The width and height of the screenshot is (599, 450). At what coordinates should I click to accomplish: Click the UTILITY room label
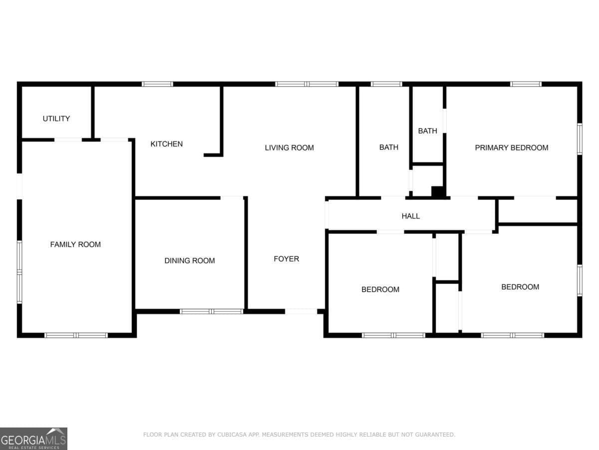click(x=56, y=118)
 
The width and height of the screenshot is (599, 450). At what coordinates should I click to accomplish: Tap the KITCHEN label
click(x=167, y=144)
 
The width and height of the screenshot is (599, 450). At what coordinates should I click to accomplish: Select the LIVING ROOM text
click(x=289, y=147)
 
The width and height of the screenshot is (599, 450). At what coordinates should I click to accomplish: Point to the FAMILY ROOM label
click(x=75, y=244)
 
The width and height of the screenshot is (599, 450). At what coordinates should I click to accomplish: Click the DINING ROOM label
click(x=190, y=260)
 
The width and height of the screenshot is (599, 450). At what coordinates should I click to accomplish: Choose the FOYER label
click(x=287, y=258)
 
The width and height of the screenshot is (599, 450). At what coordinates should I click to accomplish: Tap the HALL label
click(x=411, y=216)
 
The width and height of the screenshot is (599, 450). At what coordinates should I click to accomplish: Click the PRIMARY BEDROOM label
click(x=511, y=147)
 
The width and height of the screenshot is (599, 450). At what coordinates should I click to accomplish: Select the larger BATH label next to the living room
click(x=389, y=147)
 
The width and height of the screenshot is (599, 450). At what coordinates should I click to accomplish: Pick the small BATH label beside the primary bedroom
click(x=427, y=131)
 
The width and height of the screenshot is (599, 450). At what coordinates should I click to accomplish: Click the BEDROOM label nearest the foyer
click(x=380, y=289)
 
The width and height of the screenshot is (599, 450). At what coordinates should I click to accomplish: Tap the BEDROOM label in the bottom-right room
click(x=520, y=287)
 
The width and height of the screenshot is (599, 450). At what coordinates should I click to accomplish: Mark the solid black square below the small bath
click(x=438, y=191)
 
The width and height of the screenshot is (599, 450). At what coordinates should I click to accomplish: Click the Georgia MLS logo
click(x=33, y=438)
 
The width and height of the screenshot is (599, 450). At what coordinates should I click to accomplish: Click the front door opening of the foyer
click(x=301, y=311)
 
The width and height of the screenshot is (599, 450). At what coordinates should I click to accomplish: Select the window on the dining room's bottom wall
click(x=211, y=311)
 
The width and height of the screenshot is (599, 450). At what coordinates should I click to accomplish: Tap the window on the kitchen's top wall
click(x=158, y=84)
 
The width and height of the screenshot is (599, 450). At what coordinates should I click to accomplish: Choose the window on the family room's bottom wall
click(x=76, y=335)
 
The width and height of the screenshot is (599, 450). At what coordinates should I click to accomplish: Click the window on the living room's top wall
click(x=307, y=84)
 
